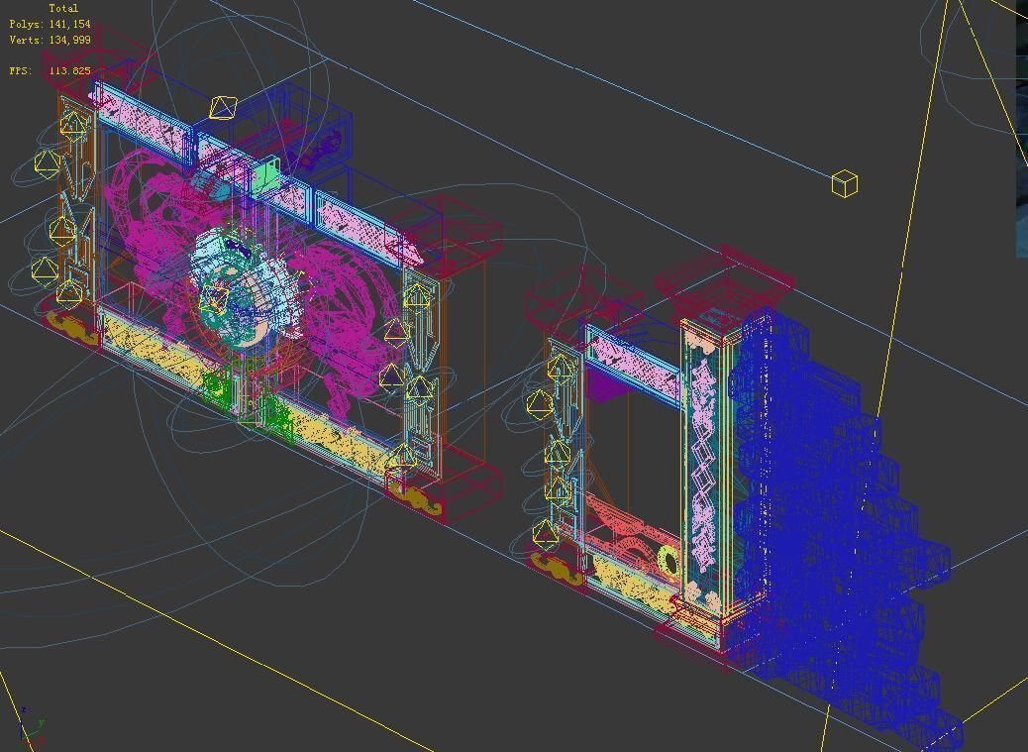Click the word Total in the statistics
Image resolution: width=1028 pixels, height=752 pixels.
(63, 8)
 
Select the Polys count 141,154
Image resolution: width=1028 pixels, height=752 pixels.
(69, 24)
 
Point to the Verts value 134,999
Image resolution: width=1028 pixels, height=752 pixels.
(69, 40)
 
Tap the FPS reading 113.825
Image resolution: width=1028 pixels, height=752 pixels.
(69, 71)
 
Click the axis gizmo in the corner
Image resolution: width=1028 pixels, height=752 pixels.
(30, 729)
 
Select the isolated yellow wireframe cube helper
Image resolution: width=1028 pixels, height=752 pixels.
(844, 183)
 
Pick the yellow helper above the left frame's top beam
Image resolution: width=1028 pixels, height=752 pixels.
(224, 107)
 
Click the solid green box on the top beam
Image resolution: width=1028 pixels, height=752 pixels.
(264, 178)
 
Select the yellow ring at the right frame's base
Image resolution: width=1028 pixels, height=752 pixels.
(668, 561)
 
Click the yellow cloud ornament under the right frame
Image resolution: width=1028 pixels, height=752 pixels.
(555, 566)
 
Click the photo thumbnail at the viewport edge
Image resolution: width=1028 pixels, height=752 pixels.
(1021, 129)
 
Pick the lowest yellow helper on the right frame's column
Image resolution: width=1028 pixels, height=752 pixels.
(545, 534)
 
